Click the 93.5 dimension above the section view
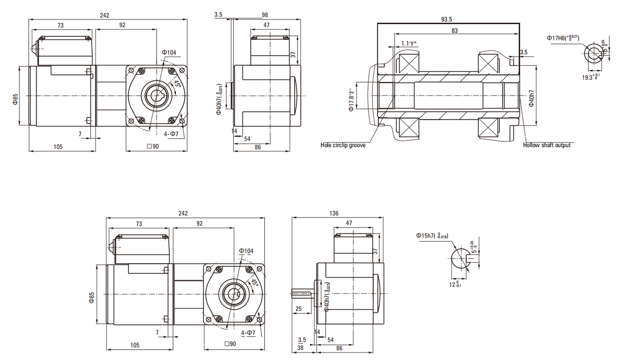(446, 19)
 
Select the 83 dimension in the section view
(454, 30)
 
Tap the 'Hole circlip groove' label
(343, 145)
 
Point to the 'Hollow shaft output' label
(547, 145)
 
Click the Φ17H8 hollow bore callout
(562, 38)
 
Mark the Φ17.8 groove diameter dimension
(352, 100)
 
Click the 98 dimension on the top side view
(265, 15)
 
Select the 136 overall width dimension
(334, 213)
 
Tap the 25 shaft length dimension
(298, 309)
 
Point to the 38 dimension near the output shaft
(300, 348)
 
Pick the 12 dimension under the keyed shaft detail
(455, 285)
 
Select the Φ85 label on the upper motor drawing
(15, 99)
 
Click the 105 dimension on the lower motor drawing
(135, 345)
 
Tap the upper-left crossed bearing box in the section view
(409, 63)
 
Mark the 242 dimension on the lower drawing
(183, 213)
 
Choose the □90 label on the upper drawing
(153, 146)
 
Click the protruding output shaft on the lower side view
(302, 293)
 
